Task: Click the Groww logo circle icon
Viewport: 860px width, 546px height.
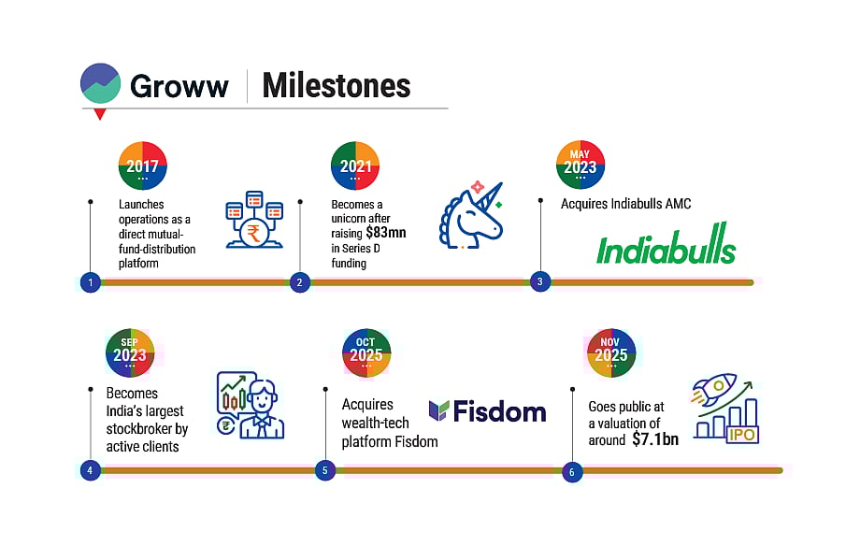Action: [101, 83]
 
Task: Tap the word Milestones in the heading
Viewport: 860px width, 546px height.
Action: [336, 86]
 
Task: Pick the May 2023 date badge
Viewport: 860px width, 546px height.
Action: [580, 165]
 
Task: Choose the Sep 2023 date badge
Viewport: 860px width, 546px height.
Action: [130, 352]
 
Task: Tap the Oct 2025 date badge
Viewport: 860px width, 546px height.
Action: [365, 352]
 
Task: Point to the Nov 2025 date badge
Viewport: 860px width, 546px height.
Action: [611, 352]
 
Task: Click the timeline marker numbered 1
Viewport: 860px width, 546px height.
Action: [90, 281]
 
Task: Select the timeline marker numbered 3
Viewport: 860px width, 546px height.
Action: [539, 281]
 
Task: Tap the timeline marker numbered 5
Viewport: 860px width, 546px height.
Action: [324, 470]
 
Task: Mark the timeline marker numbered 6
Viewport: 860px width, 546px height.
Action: [571, 471]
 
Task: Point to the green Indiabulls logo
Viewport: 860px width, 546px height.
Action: [666, 250]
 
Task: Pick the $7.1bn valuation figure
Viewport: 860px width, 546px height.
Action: [654, 438]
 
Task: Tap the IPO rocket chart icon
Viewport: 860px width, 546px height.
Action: [725, 409]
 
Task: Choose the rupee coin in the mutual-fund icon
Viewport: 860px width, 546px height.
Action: [254, 233]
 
